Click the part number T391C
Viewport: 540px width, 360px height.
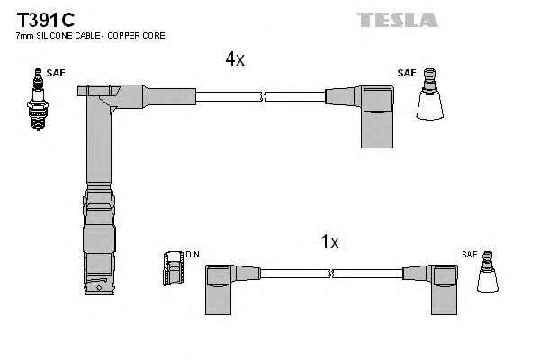click(46, 20)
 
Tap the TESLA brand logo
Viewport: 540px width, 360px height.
click(398, 20)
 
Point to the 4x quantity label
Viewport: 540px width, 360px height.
click(235, 58)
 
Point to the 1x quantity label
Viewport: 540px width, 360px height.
click(329, 242)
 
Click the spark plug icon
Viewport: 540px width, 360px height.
click(38, 100)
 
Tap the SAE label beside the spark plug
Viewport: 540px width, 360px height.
click(56, 73)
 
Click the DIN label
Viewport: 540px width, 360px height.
click(193, 255)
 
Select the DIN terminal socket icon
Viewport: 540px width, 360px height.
click(173, 268)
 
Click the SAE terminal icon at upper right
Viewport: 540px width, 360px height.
click(429, 94)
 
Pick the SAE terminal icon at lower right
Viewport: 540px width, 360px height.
click(487, 272)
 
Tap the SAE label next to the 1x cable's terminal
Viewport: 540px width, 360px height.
click(470, 255)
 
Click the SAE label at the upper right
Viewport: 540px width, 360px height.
click(407, 73)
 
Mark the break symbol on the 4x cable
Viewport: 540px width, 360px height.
click(262, 97)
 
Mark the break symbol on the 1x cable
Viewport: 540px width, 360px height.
click(331, 274)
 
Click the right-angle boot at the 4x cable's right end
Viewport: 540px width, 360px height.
click(377, 116)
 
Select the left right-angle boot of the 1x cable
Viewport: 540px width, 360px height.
click(219, 290)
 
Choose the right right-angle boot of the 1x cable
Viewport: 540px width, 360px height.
click(445, 290)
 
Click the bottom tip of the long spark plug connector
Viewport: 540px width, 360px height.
click(99, 294)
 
